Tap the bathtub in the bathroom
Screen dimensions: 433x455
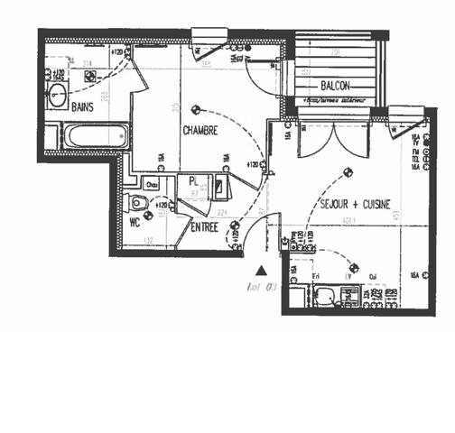[x=96, y=137]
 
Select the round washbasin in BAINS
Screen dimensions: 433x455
[x=57, y=97]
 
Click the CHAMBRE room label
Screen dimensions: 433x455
[x=200, y=131]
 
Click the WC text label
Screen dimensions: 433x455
[x=135, y=219]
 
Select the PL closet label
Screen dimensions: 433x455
[x=193, y=180]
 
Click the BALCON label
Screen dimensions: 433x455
[x=333, y=85]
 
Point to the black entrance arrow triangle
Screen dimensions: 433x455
[x=262, y=269]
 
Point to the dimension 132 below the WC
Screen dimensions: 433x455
[x=148, y=241]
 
